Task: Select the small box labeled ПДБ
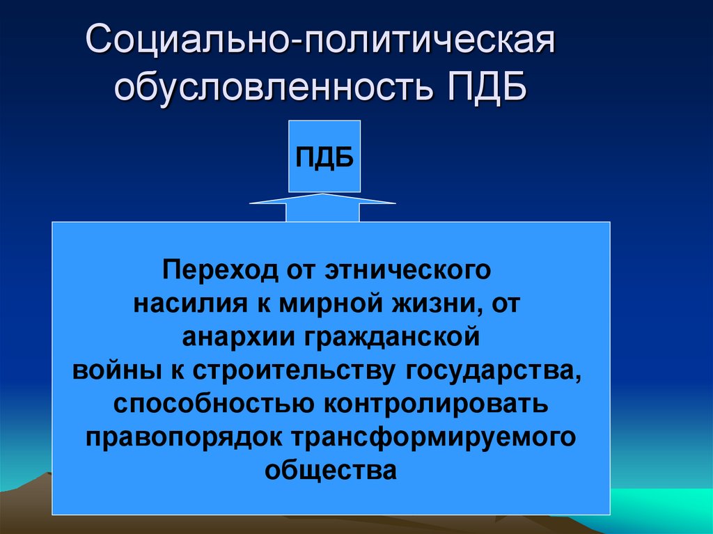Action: pyautogui.click(x=324, y=156)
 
